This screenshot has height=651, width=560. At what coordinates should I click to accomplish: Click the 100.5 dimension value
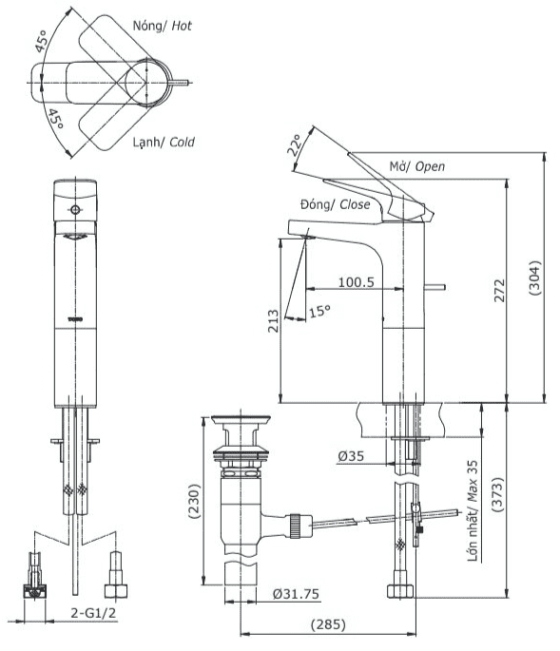coord(356,282)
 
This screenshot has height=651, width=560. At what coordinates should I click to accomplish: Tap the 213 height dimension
coord(273,321)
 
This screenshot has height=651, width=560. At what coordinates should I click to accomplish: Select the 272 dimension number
coord(500,290)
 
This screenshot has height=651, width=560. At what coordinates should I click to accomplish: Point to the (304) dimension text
coord(535,278)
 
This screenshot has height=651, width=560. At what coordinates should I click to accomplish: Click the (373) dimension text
coord(497,494)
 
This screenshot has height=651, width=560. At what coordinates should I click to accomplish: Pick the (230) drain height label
coord(194,502)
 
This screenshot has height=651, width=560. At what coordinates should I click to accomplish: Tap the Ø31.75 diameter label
coord(297,594)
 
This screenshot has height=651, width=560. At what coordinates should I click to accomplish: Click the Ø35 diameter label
coord(351,456)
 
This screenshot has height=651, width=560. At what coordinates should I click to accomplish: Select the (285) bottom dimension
coord(328,624)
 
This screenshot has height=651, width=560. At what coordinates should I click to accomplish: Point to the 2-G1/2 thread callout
coord(93,612)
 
